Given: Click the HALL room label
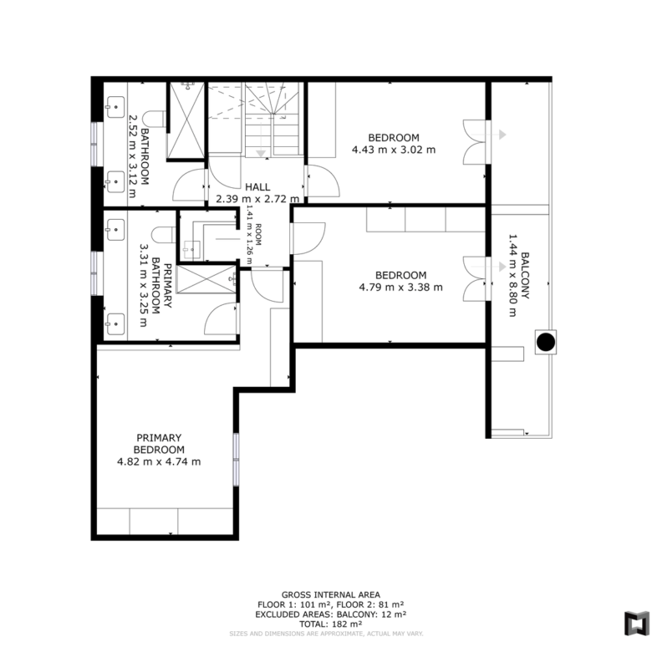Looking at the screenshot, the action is tap(257, 187).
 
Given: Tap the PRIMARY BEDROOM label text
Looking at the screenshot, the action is tap(159, 444).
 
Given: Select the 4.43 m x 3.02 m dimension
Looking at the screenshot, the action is tap(394, 150).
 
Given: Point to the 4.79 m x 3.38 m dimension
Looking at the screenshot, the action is tap(401, 288).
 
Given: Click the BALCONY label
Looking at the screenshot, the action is tap(525, 275).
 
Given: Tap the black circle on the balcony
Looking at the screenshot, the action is tap(546, 342).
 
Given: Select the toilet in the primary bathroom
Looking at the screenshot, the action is tap(163, 235).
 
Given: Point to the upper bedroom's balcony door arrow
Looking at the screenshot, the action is tap(491, 135).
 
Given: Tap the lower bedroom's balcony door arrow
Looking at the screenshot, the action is tap(491, 267).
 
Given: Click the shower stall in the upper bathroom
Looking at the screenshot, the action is tap(187, 120).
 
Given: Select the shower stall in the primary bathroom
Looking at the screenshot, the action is tap(206, 279).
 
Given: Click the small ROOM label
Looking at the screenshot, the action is tap(258, 235).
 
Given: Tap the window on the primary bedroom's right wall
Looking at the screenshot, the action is tap(236, 460).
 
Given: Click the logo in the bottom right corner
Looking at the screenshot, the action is tap(637, 624).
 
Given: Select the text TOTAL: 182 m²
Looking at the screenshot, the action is tap(330, 624).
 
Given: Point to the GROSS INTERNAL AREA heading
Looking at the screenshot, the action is tap(330, 595).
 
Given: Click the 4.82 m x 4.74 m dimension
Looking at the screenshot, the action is tap(159, 462).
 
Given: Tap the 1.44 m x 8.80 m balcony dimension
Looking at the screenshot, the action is tap(513, 275).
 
